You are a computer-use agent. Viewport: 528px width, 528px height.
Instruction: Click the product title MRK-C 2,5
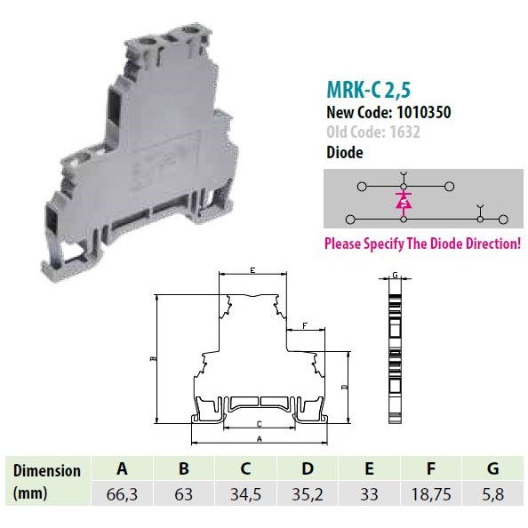[x=369, y=90]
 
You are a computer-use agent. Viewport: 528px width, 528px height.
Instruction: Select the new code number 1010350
[x=424, y=112]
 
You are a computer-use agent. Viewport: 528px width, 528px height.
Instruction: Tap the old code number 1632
[x=404, y=132]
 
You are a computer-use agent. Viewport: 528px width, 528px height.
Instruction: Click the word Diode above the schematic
[x=345, y=152]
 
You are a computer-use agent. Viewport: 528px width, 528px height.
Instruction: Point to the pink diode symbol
[x=404, y=201]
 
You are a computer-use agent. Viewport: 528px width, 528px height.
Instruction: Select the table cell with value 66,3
[x=122, y=494]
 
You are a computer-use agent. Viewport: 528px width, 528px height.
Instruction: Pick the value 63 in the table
[x=183, y=494]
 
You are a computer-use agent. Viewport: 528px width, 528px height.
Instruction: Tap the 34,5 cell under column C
[x=245, y=494]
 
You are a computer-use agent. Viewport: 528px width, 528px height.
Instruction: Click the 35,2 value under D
[x=307, y=494]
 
